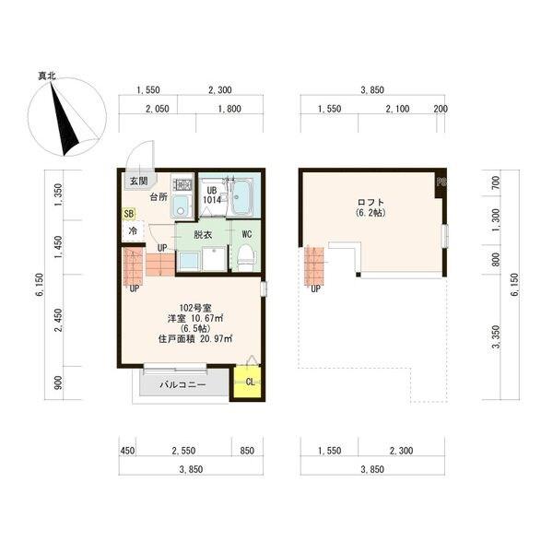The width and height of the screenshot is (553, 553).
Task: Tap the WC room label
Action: [x=246, y=234]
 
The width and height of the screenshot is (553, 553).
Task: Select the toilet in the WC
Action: [x=246, y=258]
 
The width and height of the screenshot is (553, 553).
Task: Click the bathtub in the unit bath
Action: [x=241, y=195]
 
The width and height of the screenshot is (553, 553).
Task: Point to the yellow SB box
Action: [x=129, y=214]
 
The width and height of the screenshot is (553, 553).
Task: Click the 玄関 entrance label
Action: [x=138, y=182]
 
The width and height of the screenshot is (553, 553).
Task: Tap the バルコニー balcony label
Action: [x=182, y=384]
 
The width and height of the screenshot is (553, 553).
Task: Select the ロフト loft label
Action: [x=371, y=203]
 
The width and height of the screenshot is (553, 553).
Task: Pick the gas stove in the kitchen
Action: [x=182, y=184]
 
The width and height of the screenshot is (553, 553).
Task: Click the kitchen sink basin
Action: [x=181, y=207]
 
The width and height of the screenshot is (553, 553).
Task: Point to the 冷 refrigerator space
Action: [x=133, y=231]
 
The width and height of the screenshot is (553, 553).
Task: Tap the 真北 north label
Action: [x=47, y=76]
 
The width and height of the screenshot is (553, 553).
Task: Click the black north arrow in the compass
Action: [x=65, y=119]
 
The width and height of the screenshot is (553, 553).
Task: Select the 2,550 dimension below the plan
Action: [x=183, y=451]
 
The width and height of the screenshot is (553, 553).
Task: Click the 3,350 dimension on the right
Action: [x=496, y=336]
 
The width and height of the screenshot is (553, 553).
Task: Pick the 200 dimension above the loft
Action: [x=441, y=109]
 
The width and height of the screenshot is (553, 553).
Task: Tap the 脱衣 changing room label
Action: [x=203, y=234]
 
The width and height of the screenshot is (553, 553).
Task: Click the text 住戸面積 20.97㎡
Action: [x=195, y=339]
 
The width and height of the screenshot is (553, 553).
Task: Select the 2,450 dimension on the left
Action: [x=59, y=320]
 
